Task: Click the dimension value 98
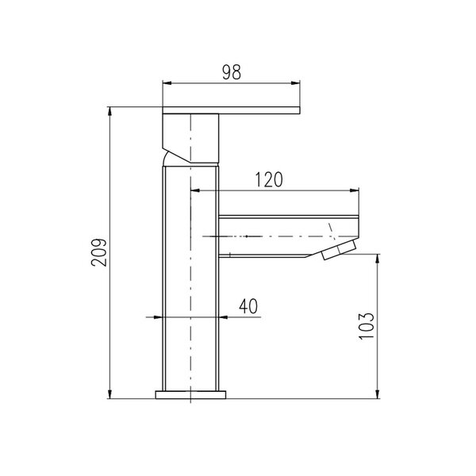[232, 72]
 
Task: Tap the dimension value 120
[269, 180]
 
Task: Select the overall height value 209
[99, 252]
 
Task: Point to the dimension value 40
[248, 306]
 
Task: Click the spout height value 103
[366, 326]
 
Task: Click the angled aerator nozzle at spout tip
[340, 249]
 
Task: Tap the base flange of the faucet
[190, 394]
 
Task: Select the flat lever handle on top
[232, 110]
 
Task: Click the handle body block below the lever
[190, 138]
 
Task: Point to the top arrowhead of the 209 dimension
[109, 111]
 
